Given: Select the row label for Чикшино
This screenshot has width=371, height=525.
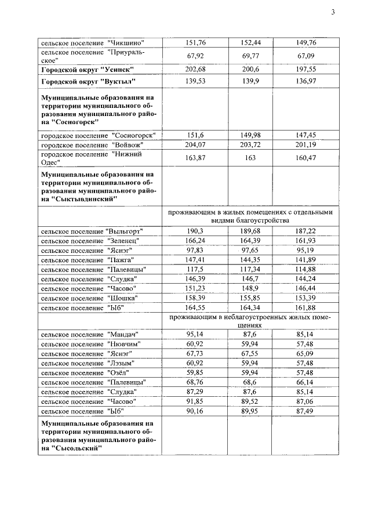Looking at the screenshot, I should click(x=92, y=42).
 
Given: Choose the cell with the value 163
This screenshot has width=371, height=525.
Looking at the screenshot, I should click(x=249, y=158).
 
